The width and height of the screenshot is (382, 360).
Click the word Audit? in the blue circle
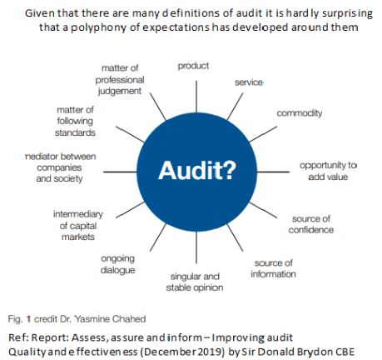(x=197, y=170)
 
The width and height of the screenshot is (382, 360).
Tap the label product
(x=193, y=66)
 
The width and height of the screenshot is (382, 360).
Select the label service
(x=249, y=82)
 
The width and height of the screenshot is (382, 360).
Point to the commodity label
(x=300, y=113)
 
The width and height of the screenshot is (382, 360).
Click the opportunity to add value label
(x=328, y=171)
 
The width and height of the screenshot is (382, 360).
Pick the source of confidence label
(x=311, y=224)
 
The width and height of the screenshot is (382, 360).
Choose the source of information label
(x=273, y=268)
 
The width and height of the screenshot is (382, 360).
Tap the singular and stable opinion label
(x=195, y=282)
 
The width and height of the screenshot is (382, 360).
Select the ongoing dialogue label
(x=118, y=264)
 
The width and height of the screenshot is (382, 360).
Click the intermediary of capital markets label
(x=78, y=225)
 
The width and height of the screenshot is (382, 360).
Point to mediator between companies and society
(x=60, y=167)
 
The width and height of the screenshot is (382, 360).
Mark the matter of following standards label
(x=75, y=121)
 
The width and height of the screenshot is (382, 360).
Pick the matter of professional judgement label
(x=120, y=80)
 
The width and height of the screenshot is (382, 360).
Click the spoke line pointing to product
(x=196, y=97)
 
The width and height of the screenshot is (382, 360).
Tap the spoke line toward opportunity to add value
(x=273, y=172)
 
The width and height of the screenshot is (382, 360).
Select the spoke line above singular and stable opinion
(x=196, y=247)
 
